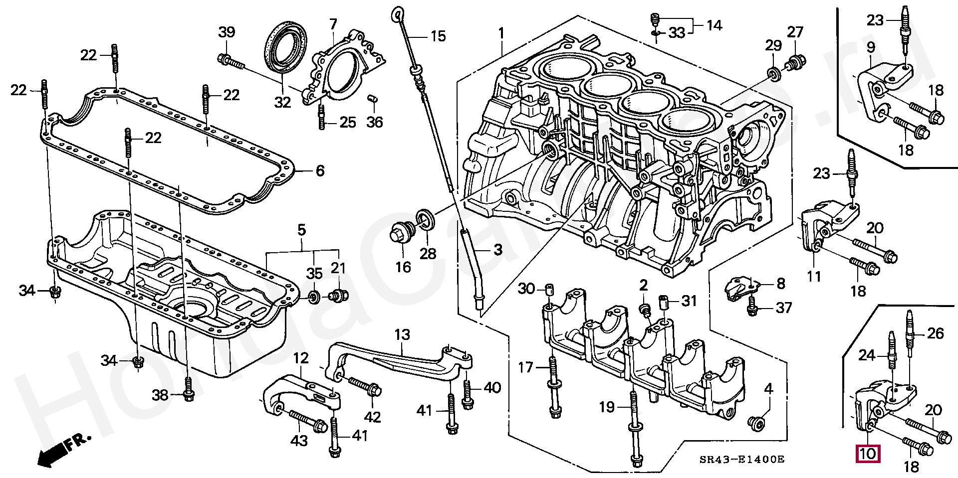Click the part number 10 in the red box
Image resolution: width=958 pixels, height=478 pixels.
pyautogui.click(x=868, y=454)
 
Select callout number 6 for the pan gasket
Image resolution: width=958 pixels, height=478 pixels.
pyautogui.click(x=320, y=171)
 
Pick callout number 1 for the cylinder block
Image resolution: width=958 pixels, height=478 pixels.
pyautogui.click(x=501, y=34)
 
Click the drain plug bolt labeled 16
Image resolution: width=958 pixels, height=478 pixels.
pyautogui.click(x=402, y=234)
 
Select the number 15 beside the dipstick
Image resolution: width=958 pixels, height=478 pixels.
pyautogui.click(x=438, y=36)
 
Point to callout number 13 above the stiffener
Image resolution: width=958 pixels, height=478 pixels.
pyautogui.click(x=402, y=334)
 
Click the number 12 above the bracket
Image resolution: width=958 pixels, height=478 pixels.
pyautogui.click(x=301, y=358)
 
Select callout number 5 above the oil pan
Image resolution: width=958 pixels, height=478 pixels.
pyautogui.click(x=301, y=230)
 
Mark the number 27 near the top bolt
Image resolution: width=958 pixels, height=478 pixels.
pyautogui.click(x=795, y=32)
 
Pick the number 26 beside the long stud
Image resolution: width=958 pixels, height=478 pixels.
pyautogui.click(x=936, y=333)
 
